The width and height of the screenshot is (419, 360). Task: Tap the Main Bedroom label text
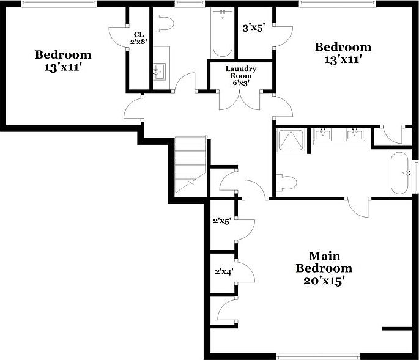coord(324,262)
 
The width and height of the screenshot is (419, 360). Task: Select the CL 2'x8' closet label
coord(139,38)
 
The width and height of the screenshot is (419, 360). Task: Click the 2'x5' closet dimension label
coord(220,221)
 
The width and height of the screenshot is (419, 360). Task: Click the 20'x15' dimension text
coord(324,281)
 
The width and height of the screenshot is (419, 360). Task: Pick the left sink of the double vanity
coord(323,134)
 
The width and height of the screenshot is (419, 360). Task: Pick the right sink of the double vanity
coord(354,134)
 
